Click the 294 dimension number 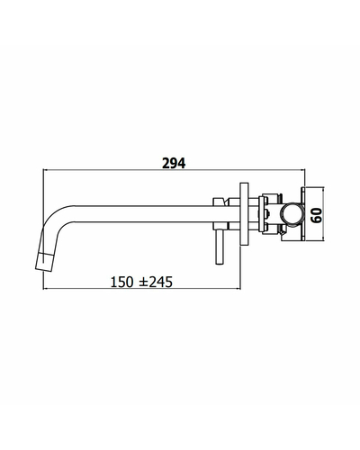point(174,164)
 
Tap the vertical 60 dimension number point(317,215)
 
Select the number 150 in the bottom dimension point(121,282)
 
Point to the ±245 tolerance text point(156,282)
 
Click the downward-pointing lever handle point(220,247)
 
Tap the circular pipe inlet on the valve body point(292,214)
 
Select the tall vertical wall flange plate point(244,213)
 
